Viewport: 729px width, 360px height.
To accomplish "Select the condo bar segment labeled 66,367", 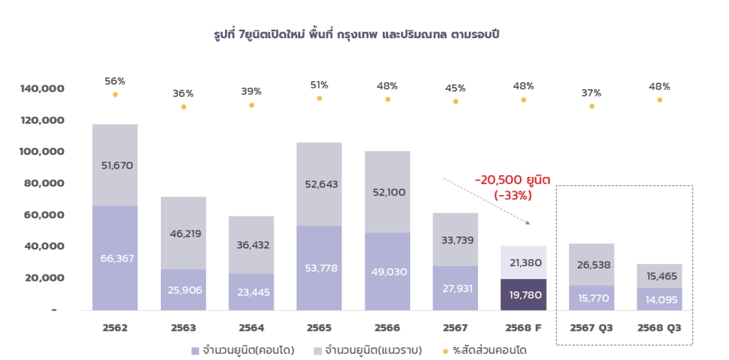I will pyautogui.click(x=115, y=258).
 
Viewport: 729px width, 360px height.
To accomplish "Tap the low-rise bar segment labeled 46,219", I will pyautogui.click(x=183, y=233).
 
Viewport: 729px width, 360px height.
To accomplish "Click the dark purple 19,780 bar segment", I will pyautogui.click(x=523, y=294).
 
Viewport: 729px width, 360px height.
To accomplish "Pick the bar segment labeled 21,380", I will pyautogui.click(x=523, y=262).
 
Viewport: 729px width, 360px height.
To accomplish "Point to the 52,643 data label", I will pyautogui.click(x=320, y=184).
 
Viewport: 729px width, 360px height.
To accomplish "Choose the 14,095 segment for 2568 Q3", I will pyautogui.click(x=660, y=299).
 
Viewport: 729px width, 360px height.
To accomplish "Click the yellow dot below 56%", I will pyautogui.click(x=115, y=95).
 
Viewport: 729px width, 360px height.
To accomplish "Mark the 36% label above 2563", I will pyautogui.click(x=183, y=94).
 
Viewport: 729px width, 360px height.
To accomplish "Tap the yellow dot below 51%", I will pyautogui.click(x=320, y=98).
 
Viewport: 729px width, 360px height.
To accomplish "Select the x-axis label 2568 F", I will pyautogui.click(x=523, y=328).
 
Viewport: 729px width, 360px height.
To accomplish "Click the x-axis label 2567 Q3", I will pyautogui.click(x=592, y=328).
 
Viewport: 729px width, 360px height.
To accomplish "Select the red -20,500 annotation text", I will pyautogui.click(x=512, y=180).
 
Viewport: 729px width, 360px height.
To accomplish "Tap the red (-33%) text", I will pyautogui.click(x=512, y=194).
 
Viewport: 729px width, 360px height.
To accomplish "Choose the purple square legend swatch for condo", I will pyautogui.click(x=195, y=351).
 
